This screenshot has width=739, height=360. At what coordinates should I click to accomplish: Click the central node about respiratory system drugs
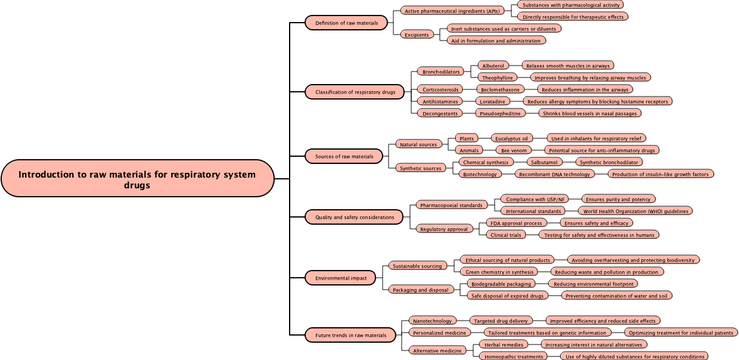[137, 178]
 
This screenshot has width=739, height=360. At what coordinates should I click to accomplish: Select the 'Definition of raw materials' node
[346, 23]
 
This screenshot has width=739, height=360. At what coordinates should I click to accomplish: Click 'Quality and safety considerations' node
[355, 218]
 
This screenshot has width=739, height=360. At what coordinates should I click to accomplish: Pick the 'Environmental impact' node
[341, 278]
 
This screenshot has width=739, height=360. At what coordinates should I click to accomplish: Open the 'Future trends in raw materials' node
[350, 335]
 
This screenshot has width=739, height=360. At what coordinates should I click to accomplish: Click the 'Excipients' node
[417, 35]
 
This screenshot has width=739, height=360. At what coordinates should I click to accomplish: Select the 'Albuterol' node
[493, 66]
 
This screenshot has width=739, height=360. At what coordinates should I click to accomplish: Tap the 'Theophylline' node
[497, 77]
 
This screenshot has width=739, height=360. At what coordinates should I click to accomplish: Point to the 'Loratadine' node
[493, 101]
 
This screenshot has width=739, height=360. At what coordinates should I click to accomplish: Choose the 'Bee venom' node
[513, 150]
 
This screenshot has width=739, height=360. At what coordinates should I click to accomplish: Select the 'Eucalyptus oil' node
[511, 138]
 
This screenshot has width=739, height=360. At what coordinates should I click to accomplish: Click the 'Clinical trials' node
[505, 235]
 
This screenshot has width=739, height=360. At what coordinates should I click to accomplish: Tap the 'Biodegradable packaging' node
[500, 284]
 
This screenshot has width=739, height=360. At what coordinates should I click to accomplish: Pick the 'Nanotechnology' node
[433, 321]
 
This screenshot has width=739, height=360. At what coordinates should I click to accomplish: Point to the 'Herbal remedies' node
[504, 345]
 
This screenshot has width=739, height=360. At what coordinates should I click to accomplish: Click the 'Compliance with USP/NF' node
[535, 199]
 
